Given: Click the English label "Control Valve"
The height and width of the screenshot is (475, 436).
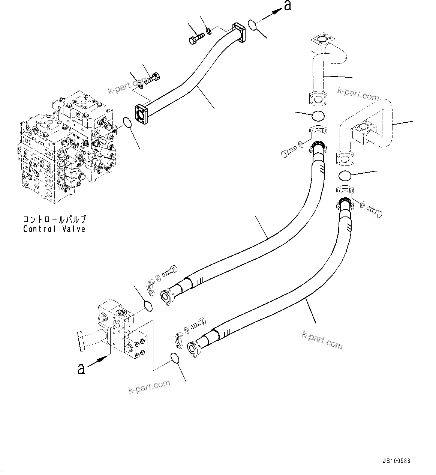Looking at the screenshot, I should click(x=54, y=229).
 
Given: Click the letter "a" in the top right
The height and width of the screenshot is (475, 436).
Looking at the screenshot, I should click(x=287, y=6).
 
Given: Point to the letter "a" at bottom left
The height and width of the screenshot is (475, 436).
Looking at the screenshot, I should click(x=81, y=369).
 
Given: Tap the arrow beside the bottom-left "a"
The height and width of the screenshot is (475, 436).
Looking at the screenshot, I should click(x=99, y=360).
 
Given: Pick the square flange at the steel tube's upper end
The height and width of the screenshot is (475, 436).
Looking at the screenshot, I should click(x=238, y=32).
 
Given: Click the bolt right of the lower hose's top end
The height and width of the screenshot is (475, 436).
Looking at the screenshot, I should click(x=374, y=211).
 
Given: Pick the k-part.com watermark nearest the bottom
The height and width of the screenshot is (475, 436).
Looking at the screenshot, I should click(x=149, y=386).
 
